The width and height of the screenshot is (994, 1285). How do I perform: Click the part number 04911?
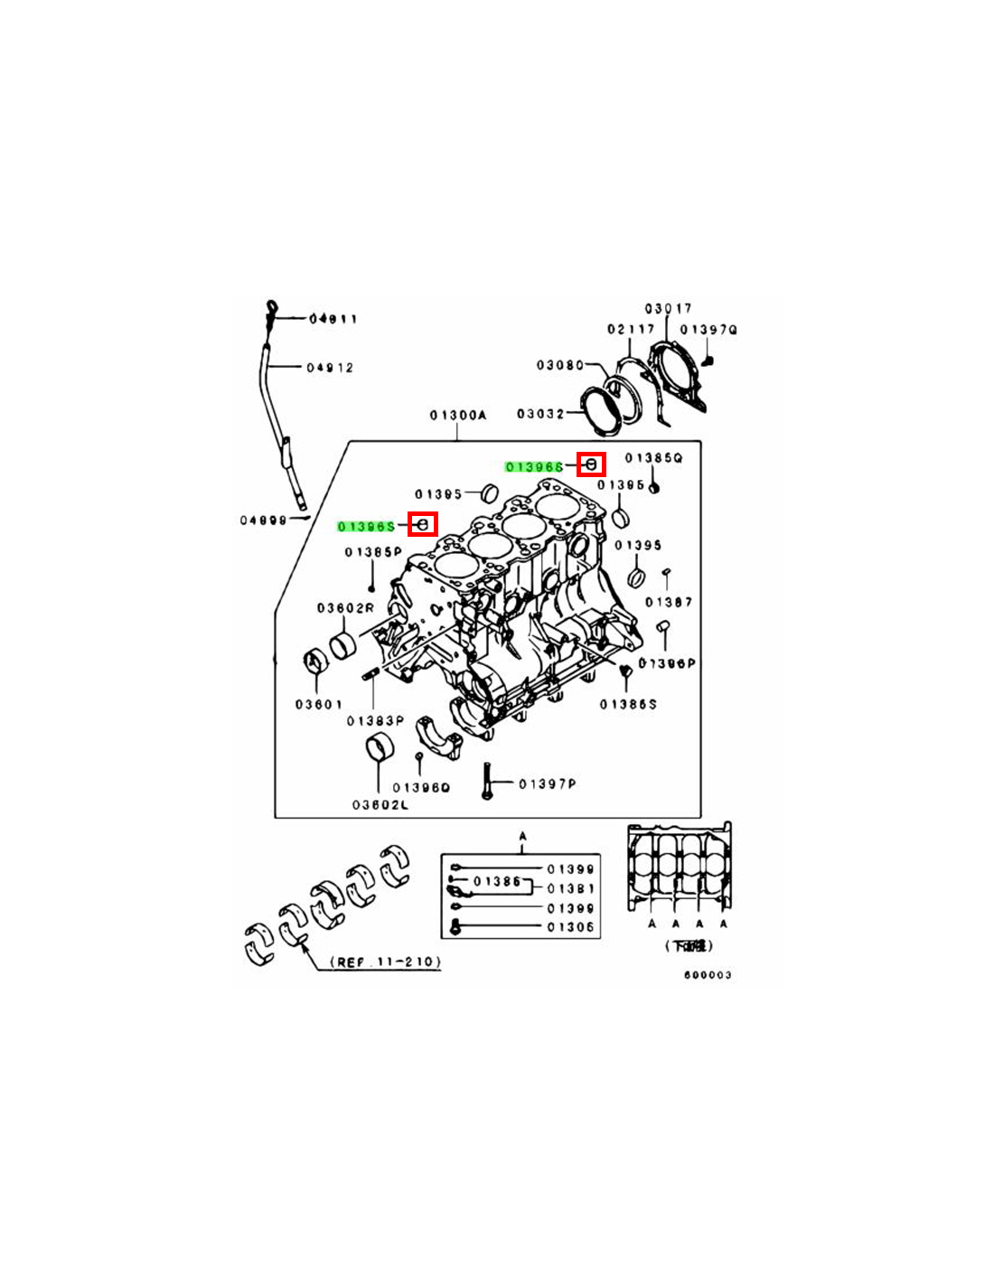click(333, 318)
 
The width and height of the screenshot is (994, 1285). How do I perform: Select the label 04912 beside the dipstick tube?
click(330, 368)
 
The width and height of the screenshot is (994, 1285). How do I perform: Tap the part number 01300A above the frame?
click(457, 416)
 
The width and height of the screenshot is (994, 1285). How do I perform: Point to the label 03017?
click(668, 309)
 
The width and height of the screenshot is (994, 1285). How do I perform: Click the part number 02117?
click(630, 329)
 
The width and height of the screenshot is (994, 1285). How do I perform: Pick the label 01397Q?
click(708, 330)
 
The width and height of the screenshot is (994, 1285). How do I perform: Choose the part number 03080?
click(560, 365)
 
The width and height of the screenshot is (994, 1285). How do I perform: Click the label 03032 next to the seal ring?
click(540, 414)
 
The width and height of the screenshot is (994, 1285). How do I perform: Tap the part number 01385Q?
click(653, 458)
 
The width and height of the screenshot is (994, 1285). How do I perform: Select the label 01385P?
click(373, 552)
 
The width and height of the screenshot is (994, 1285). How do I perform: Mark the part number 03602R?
click(344, 608)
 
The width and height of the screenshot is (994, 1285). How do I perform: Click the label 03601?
click(319, 704)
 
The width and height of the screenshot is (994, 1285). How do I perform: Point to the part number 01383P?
click(375, 721)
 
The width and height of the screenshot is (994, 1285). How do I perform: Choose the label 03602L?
click(380, 804)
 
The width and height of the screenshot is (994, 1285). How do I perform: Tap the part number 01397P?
click(547, 783)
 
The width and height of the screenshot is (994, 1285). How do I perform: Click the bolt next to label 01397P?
click(487, 782)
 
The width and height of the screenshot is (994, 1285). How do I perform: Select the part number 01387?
click(669, 602)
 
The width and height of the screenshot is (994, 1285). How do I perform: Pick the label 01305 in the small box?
click(570, 927)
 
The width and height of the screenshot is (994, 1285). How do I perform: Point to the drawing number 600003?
click(708, 975)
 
